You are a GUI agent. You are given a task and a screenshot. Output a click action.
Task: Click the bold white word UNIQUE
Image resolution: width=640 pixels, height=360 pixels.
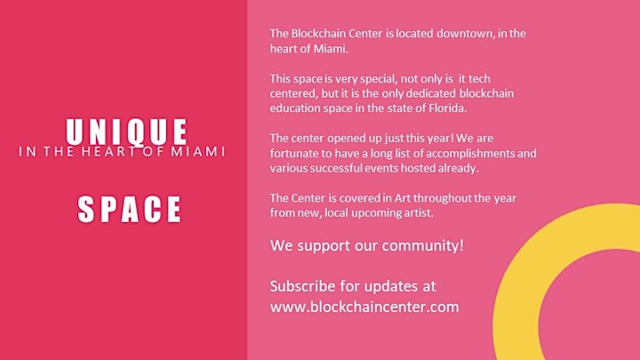pyautogui.click(x=126, y=132)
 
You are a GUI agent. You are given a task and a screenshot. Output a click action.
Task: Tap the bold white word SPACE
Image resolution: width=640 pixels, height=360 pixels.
pyautogui.click(x=129, y=209)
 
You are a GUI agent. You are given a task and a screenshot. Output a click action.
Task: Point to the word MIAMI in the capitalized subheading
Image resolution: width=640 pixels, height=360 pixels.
pyautogui.click(x=197, y=151)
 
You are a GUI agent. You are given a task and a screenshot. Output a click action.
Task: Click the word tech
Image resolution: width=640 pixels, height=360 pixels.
pyautogui.click(x=480, y=78)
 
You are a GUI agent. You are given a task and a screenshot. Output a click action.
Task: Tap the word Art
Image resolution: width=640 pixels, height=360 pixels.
pyautogui.click(x=403, y=198)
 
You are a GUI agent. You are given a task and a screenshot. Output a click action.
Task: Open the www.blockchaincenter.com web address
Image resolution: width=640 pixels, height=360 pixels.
pyautogui.click(x=364, y=307)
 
